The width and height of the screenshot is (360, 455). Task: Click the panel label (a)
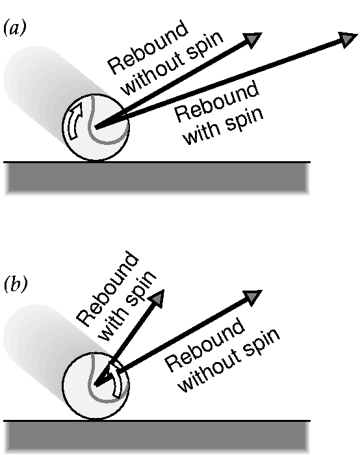pos(15,29)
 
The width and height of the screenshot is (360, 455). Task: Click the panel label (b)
pos(16,285)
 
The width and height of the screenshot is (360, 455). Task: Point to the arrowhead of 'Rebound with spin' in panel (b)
pos(158,298)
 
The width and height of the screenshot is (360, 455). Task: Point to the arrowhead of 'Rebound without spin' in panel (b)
pos(253,297)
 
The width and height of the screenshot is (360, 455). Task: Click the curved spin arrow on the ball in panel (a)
pos(75,122)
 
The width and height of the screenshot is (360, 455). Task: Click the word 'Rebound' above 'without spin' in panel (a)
pos(148,48)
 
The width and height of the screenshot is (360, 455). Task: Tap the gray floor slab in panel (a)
pos(157,179)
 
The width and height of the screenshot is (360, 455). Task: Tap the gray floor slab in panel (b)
pos(157,437)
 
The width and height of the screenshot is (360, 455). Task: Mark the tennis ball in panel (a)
pos(96,127)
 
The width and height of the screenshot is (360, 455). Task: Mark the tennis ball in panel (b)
pos(96,385)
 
